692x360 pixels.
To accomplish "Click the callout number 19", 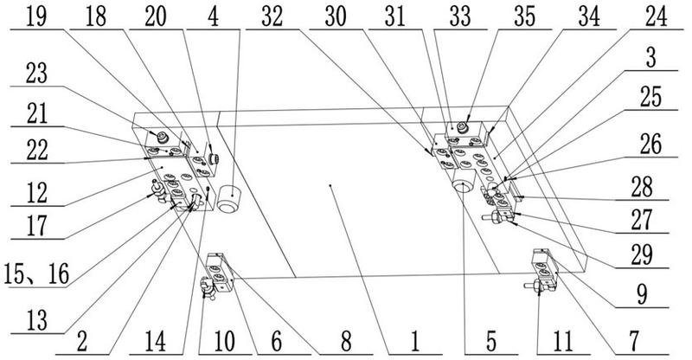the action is click(36, 17).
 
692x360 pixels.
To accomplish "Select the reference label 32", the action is click(272, 17).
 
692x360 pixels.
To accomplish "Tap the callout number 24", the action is click(657, 17).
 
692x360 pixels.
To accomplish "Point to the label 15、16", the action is click(36, 274).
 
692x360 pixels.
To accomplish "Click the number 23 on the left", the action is click(36, 73).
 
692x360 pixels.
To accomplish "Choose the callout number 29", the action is click(642, 254).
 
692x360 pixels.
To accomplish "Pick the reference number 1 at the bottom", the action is click(415, 342).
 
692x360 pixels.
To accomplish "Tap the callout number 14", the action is click(156, 342).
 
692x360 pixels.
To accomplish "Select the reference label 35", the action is click(525, 17).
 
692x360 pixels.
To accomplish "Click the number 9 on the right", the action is click(642, 294).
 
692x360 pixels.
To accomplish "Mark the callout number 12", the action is click(36, 193).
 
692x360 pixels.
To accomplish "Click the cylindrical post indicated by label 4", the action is click(229, 199).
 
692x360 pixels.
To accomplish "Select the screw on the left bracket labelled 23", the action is click(163, 137).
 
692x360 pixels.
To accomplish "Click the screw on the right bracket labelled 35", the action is click(463, 128).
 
